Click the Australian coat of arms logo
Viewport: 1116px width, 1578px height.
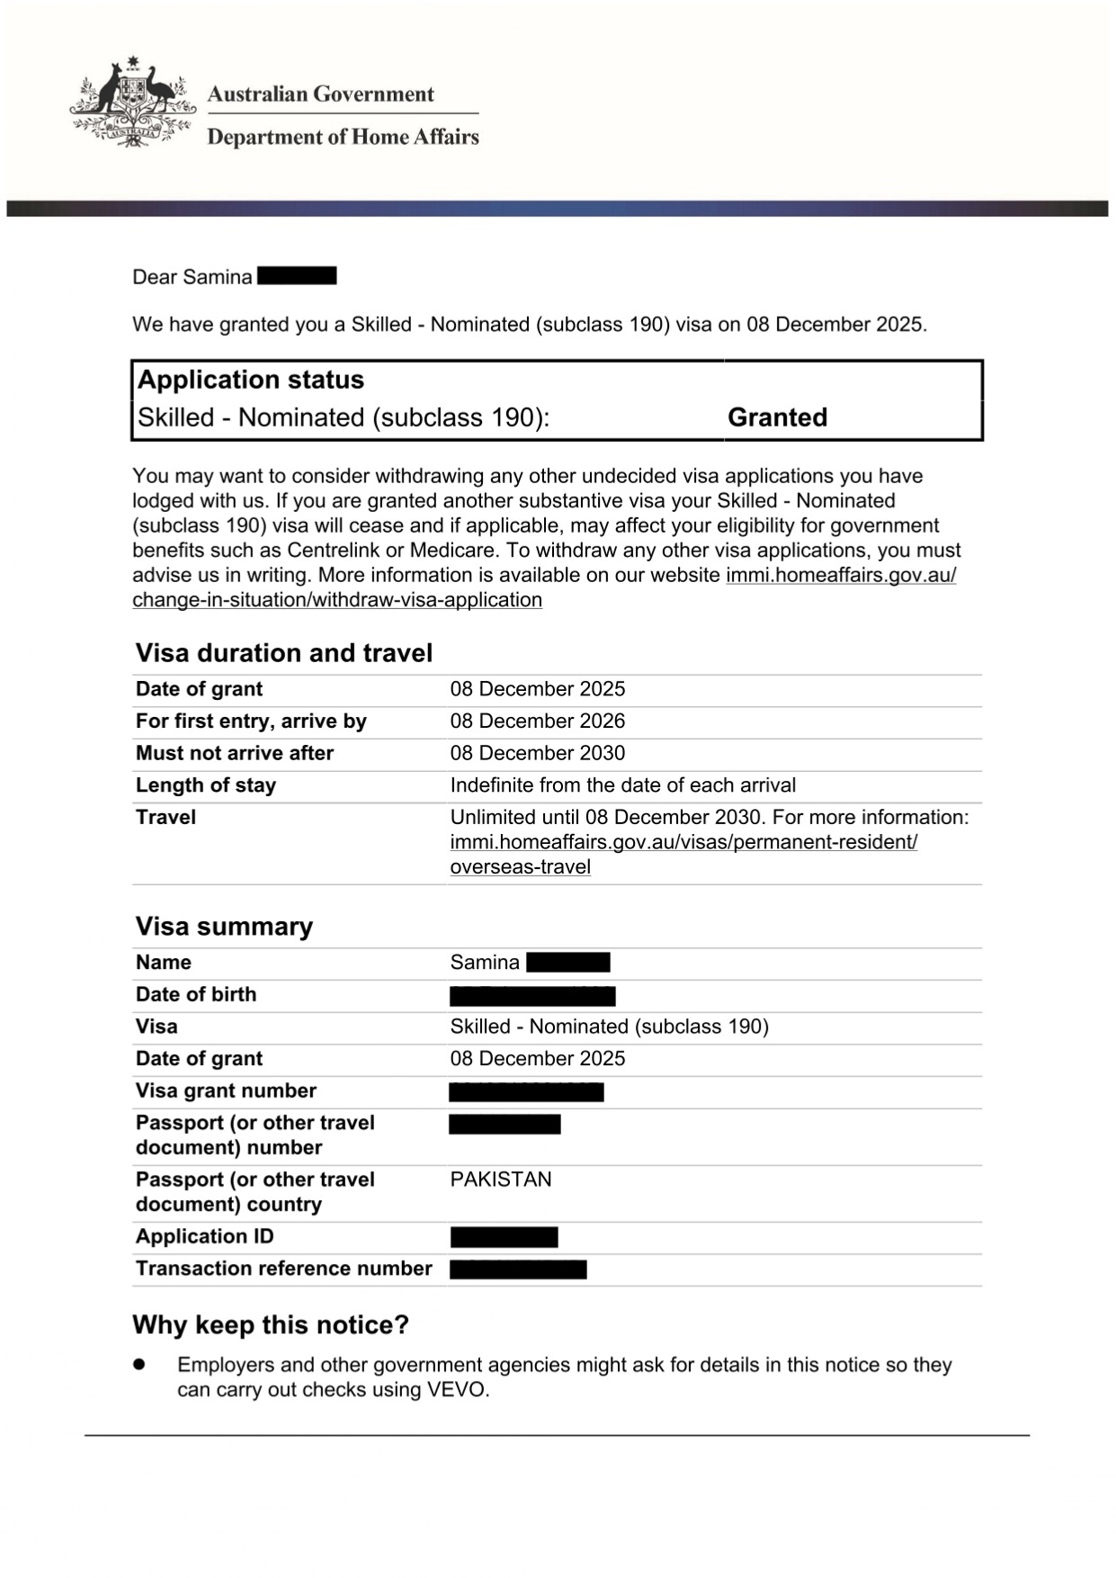(132, 102)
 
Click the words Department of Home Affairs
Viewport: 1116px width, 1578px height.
(343, 137)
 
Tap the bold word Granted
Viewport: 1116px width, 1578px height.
(777, 417)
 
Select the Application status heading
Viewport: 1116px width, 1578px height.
(250, 380)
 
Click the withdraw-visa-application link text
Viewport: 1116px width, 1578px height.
(337, 600)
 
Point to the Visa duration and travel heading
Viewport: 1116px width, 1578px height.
(284, 653)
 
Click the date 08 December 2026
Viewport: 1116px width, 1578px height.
(537, 722)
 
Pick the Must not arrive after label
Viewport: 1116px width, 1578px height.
(234, 753)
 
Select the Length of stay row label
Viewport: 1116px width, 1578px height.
(205, 785)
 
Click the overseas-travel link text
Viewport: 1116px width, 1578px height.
(520, 867)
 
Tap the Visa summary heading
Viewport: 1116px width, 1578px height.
(224, 927)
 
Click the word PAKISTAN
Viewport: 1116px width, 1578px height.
(501, 1179)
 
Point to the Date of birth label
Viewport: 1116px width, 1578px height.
(196, 994)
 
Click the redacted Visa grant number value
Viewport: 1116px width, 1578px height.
(526, 1092)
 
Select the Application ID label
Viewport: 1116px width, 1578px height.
(204, 1236)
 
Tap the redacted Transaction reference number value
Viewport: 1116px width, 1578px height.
(518, 1269)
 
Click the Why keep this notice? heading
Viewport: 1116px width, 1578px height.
(271, 1325)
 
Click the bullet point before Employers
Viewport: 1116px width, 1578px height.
(139, 1365)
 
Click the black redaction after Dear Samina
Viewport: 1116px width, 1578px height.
(297, 276)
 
